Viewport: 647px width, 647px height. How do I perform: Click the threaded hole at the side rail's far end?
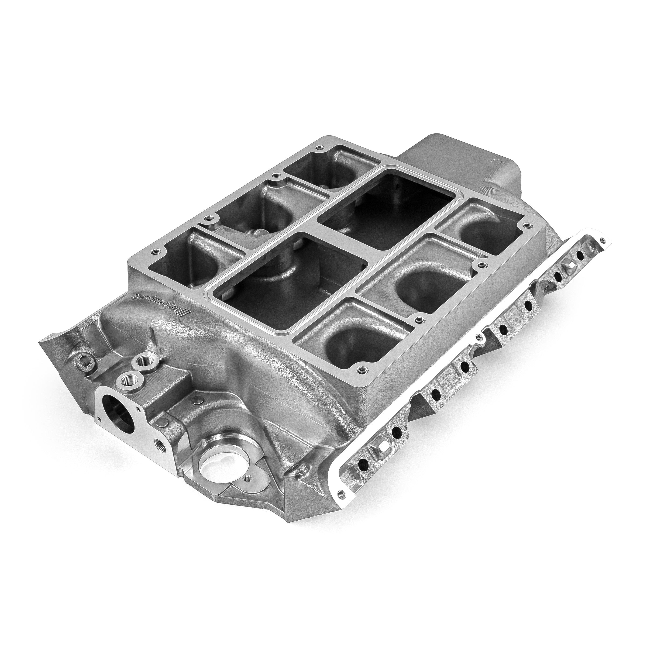tap(603, 239)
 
